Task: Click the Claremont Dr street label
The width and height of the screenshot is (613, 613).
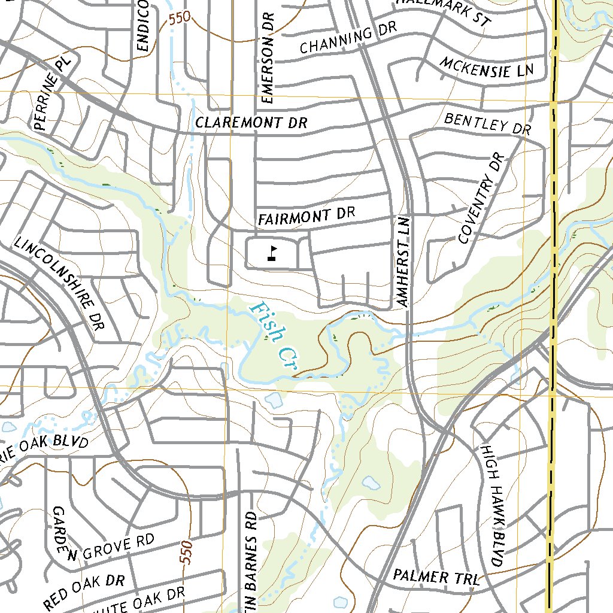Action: point(251,123)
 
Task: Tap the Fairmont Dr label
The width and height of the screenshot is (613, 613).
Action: point(306,216)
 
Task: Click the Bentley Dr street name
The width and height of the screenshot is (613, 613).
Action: point(488,123)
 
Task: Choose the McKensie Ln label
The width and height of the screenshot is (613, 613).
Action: point(486,68)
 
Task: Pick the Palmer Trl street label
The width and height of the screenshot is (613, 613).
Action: point(436,577)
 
